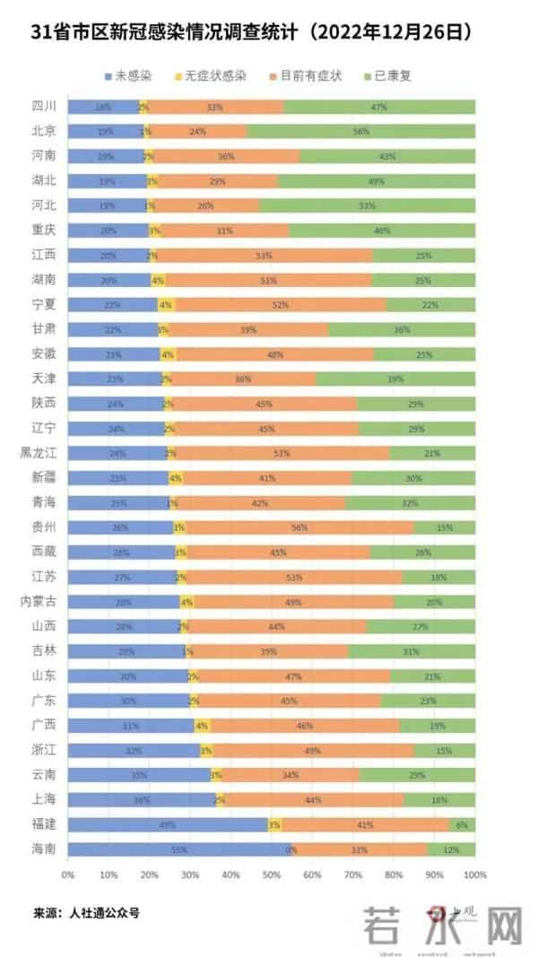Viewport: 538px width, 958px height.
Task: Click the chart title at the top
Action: coord(252,32)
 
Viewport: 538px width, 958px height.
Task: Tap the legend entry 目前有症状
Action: coord(311,76)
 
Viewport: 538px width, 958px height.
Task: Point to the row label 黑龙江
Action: coord(39,452)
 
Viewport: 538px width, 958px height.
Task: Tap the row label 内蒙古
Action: coord(39,601)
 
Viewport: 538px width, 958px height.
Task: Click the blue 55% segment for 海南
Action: coord(179,849)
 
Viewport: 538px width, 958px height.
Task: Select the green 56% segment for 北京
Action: coord(361,131)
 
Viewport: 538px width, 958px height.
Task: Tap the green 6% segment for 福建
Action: coord(463,823)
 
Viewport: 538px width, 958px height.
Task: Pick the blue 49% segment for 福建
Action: coord(167,823)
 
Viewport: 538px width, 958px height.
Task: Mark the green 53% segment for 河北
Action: coord(367,205)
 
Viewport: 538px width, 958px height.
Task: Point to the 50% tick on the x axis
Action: coord(272,873)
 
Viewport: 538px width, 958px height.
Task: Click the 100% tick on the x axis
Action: coord(475,873)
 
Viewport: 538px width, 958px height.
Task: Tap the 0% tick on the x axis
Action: coord(68,873)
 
